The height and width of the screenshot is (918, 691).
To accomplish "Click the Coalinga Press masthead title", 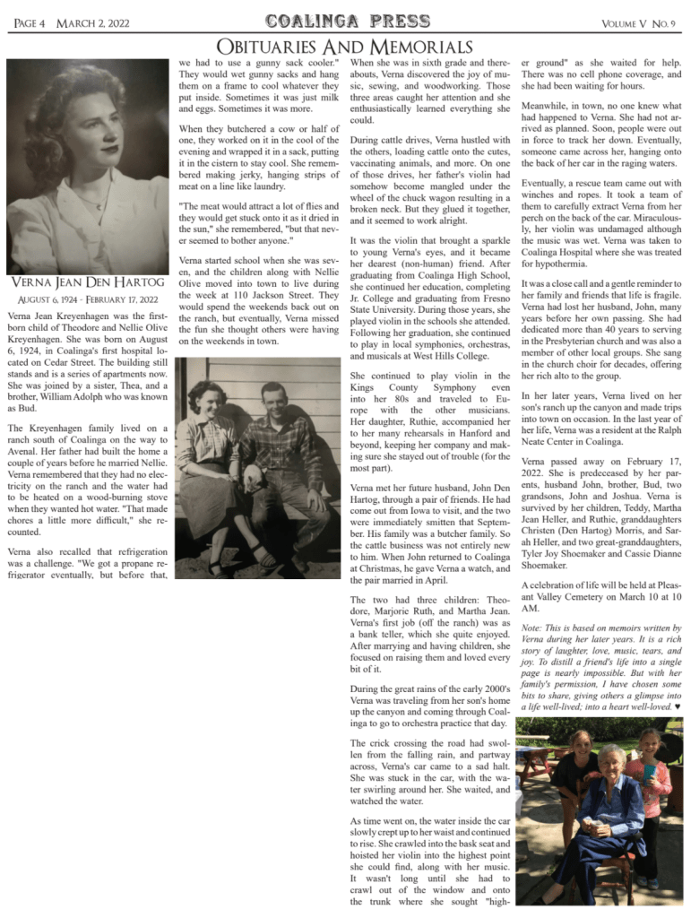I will click(x=344, y=21).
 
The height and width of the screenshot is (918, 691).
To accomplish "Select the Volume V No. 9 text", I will click(x=639, y=22).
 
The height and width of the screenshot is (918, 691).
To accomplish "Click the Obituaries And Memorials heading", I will click(x=344, y=47).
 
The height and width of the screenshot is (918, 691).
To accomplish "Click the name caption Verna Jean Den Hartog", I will click(x=87, y=284).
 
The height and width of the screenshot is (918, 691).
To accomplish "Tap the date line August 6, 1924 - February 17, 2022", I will click(x=87, y=299).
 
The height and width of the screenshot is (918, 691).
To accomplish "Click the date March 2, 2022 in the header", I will click(x=92, y=22).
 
